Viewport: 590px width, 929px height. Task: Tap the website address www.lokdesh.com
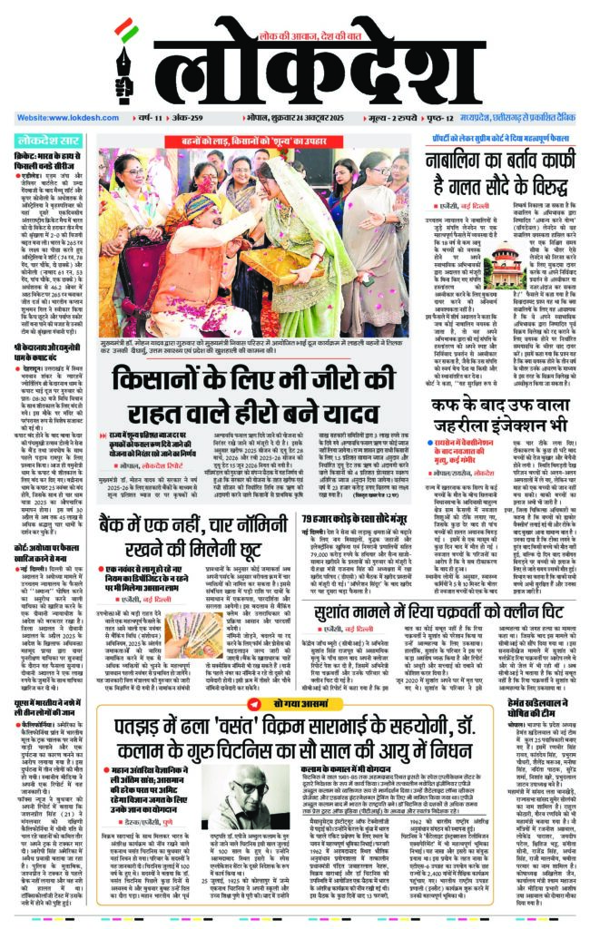pos(54,118)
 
